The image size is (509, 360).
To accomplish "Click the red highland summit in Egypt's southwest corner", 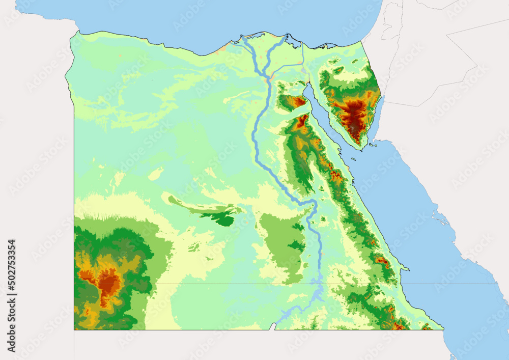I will tap(108, 282).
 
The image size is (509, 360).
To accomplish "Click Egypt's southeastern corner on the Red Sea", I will tap(442, 328).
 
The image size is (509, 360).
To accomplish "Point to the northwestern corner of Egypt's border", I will tap(76, 32).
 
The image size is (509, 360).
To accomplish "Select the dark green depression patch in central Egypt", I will tap(223, 219).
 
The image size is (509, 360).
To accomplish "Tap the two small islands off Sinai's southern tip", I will tap(374, 146).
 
